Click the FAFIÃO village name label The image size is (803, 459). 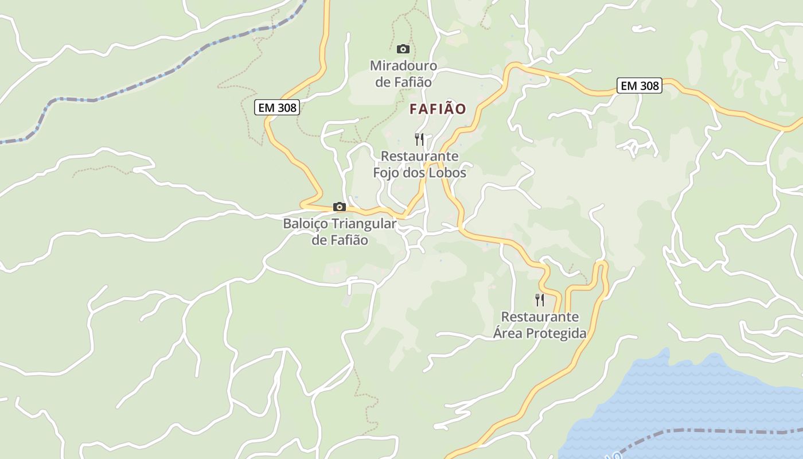coord(438,108)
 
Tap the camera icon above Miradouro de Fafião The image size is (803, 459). coord(403,49)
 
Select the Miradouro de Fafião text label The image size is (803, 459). coord(403,74)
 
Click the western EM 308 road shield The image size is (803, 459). coord(277,107)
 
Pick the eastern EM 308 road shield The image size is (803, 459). coord(640,86)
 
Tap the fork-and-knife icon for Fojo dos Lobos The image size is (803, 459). coord(419,139)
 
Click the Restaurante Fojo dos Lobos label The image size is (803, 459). coord(420,164)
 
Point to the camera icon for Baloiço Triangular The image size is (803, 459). coord(340,207)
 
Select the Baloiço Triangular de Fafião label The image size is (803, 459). coord(340,232)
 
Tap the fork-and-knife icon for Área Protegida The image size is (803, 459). coord(540,300)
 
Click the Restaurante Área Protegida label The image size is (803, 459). coord(540,325)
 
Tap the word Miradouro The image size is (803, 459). coord(403,66)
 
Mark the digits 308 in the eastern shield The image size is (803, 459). coord(649,86)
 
